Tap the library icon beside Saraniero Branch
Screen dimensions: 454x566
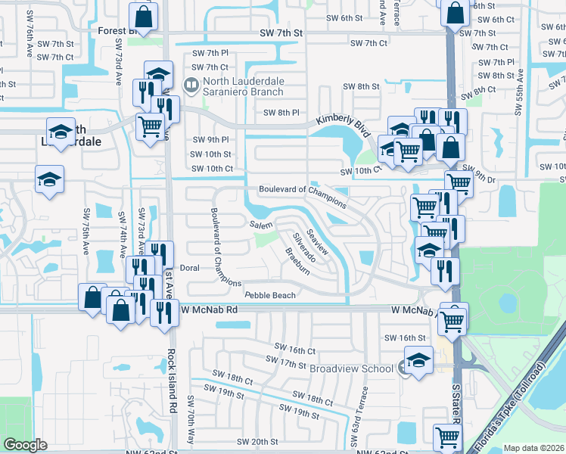pyautogui.click(x=192, y=85)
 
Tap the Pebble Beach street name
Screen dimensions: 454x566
pyautogui.click(x=269, y=295)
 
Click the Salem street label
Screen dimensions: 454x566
pyautogui.click(x=261, y=225)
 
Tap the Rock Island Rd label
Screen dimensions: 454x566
pyautogui.click(x=173, y=382)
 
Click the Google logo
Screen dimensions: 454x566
pyautogui.click(x=25, y=445)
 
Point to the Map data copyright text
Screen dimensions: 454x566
pyautogui.click(x=533, y=448)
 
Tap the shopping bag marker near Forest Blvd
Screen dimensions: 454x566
pyautogui.click(x=143, y=16)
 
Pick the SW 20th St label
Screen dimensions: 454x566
pyautogui.click(x=257, y=442)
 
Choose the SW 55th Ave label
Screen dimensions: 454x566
pyautogui.click(x=519, y=96)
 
